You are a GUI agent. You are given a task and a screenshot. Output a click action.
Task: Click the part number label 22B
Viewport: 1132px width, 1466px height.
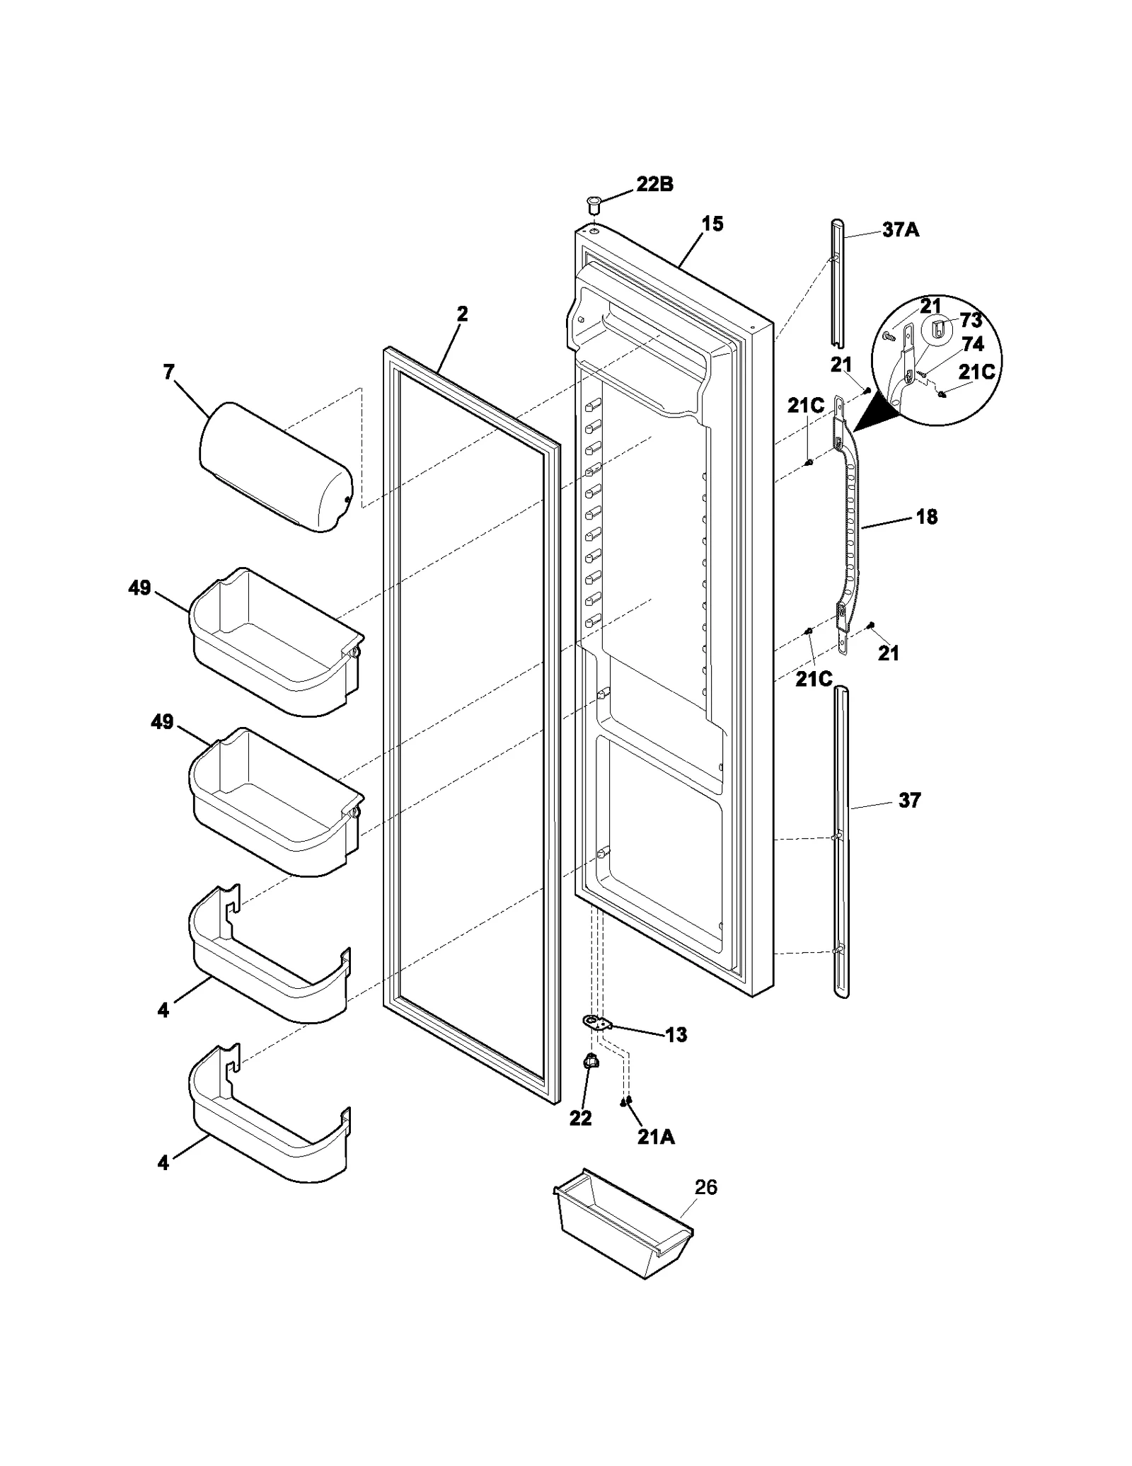654,185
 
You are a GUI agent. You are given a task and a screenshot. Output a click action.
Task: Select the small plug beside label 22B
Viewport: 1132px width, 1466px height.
593,207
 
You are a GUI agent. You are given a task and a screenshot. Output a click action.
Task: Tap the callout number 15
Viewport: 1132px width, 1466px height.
712,224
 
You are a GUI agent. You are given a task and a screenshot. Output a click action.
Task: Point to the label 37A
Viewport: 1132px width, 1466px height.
901,230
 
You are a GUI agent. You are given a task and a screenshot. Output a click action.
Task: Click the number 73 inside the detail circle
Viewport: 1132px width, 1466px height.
971,321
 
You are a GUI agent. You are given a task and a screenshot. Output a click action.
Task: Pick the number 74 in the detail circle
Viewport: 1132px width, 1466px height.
973,344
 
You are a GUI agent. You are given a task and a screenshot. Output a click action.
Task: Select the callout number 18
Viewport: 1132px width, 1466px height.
926,517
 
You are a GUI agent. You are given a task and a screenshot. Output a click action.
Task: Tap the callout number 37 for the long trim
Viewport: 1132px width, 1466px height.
909,801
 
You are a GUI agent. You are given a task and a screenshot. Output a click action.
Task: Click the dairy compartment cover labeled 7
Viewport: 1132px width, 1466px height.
276,467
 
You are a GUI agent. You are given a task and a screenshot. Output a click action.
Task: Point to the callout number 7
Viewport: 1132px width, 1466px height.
168,372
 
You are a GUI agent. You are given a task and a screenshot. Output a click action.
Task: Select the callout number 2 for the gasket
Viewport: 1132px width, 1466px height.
462,314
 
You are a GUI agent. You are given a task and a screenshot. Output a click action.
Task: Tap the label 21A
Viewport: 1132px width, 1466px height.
655,1137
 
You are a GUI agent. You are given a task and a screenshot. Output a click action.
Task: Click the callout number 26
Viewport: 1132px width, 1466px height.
705,1187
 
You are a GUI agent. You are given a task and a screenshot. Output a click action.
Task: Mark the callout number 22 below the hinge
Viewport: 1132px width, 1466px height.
580,1118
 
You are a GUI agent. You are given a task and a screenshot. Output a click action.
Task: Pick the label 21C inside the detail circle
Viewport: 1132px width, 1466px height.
976,372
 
